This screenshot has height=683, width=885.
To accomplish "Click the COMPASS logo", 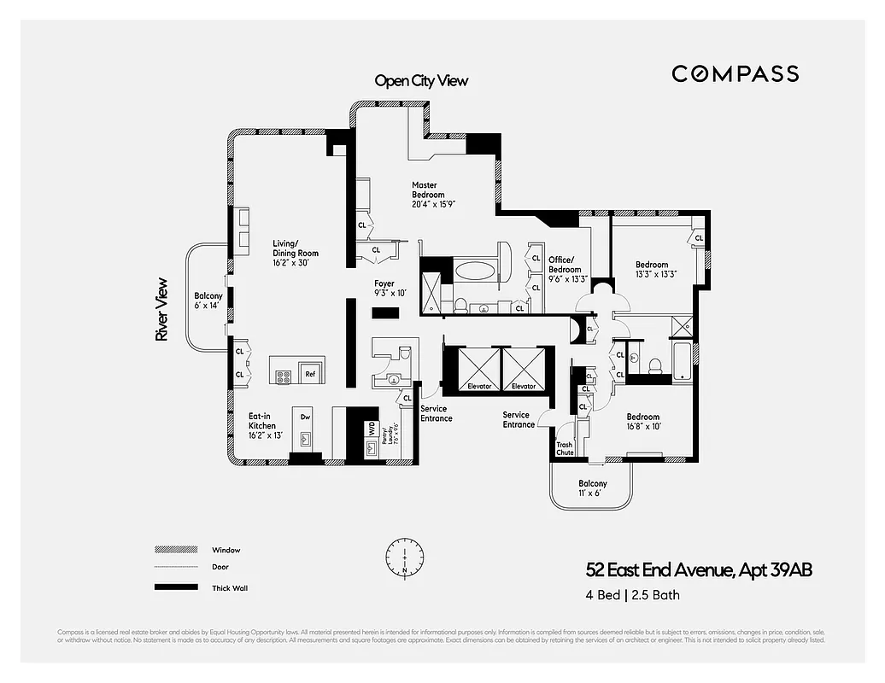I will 735,73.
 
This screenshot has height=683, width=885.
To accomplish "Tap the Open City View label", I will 421,81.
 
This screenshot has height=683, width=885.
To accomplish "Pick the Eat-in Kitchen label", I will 264,425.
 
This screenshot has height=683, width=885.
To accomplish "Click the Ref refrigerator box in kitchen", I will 310,374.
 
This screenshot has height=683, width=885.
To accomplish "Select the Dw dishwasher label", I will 305,417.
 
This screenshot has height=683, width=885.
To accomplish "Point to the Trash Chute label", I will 565,448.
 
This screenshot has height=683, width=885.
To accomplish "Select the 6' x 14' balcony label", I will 208,301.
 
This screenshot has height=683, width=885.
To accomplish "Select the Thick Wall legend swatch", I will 170,587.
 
